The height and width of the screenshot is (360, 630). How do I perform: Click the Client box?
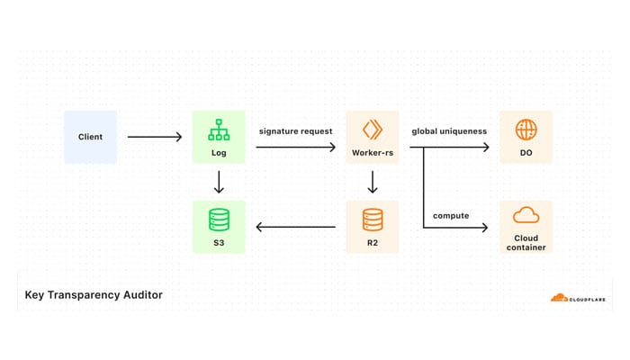point(90,137)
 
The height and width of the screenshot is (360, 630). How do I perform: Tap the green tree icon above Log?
point(219,130)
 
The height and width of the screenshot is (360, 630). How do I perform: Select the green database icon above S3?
point(219,219)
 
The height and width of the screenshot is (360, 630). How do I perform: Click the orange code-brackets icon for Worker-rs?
point(373,129)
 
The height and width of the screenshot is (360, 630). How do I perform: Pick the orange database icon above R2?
point(373,219)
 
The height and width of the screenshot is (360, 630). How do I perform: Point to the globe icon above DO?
point(526,129)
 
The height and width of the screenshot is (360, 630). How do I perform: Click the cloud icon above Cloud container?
point(526,216)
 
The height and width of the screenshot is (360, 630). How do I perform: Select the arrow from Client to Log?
point(154,137)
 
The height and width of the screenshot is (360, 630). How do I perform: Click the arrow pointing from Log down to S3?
point(219,183)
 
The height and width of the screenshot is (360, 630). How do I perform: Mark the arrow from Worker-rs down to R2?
point(373,183)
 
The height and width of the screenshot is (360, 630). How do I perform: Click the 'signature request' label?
point(295,131)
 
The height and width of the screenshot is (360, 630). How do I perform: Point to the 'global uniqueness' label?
point(449,131)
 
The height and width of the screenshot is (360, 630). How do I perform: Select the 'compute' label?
point(451,215)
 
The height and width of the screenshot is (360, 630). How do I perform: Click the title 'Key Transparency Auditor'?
point(94,294)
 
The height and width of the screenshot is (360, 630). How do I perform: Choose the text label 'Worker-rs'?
point(373,154)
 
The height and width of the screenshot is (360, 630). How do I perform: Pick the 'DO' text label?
point(526,154)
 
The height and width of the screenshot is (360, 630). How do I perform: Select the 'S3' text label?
point(219,243)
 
